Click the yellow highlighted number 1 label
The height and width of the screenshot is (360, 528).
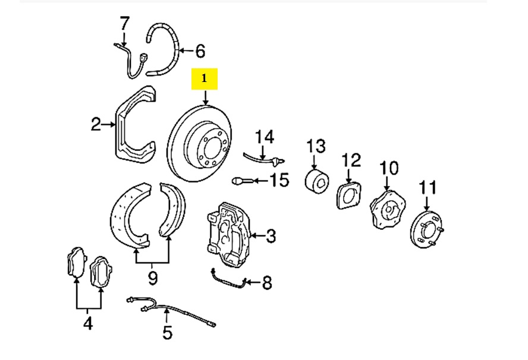pyautogui.click(x=205, y=78)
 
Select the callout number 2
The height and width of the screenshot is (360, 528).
pyautogui.click(x=96, y=125)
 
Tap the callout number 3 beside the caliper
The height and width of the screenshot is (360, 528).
pyautogui.click(x=271, y=237)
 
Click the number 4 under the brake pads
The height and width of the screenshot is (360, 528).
pyautogui.click(x=87, y=324)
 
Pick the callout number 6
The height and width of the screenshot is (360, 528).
pyautogui.click(x=200, y=52)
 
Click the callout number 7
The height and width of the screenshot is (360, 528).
pyautogui.click(x=124, y=24)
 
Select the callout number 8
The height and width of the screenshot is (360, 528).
pyautogui.click(x=266, y=282)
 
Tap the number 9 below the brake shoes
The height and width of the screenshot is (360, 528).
pyautogui.click(x=153, y=276)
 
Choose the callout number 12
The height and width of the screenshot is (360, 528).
pyautogui.click(x=351, y=160)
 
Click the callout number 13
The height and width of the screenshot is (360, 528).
pyautogui.click(x=316, y=146)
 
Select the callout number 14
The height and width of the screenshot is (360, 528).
pyautogui.click(x=265, y=138)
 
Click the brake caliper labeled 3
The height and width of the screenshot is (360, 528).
pyautogui.click(x=229, y=232)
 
